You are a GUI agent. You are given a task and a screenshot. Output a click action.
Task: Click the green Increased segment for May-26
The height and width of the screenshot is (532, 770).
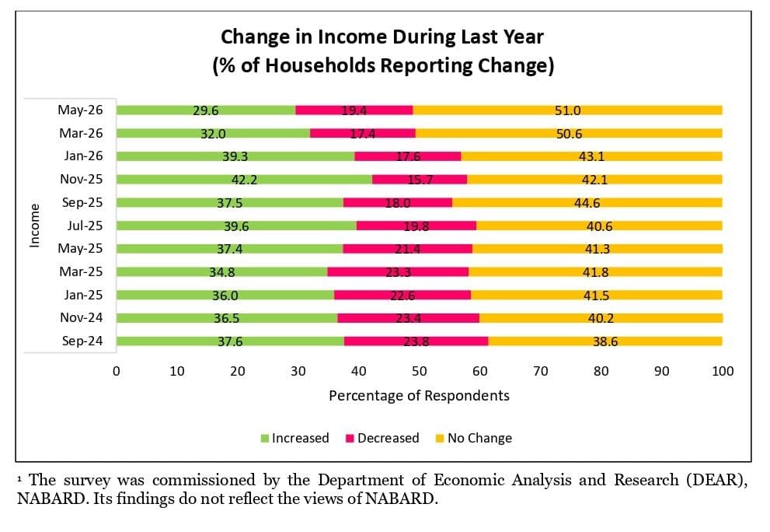coord(206,110)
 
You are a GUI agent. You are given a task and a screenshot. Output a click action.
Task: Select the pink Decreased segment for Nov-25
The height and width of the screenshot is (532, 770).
coord(420,180)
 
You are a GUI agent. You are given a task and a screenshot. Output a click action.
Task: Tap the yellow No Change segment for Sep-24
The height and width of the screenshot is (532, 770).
coord(605,341)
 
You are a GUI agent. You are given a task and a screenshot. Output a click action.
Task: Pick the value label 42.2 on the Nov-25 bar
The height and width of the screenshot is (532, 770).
coord(244,180)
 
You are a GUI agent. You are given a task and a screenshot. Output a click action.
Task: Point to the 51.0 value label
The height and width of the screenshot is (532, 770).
coord(568,110)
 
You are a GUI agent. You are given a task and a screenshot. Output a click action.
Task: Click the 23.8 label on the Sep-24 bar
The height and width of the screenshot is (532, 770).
coord(416,341)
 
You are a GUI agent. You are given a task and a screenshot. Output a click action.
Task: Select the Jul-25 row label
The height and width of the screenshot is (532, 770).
coord(85,226)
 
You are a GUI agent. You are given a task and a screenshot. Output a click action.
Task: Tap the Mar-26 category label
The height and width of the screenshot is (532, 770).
coord(81,133)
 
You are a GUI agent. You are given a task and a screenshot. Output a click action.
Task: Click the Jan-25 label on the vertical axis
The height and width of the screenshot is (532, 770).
coord(83,295)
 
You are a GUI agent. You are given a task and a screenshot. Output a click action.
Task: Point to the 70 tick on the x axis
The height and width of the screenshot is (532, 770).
coord(541,371)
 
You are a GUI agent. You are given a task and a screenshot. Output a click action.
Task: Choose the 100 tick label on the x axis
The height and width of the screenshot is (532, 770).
coord(723,371)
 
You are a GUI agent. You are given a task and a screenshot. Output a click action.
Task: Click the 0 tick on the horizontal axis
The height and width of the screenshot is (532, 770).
coord(117,371)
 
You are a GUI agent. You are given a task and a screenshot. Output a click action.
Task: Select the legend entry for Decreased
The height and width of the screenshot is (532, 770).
coord(382,438)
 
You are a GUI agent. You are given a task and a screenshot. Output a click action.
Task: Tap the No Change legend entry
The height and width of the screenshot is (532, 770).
coord(474,438)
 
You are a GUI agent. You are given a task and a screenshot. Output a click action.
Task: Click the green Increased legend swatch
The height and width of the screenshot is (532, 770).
coord(265,438)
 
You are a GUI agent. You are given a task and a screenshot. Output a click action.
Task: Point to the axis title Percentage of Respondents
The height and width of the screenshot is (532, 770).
coord(419,396)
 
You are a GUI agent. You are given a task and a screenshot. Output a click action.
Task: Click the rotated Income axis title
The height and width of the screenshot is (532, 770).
coord(34,226)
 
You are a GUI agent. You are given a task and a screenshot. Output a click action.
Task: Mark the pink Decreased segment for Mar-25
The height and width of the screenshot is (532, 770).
coord(398,272)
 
